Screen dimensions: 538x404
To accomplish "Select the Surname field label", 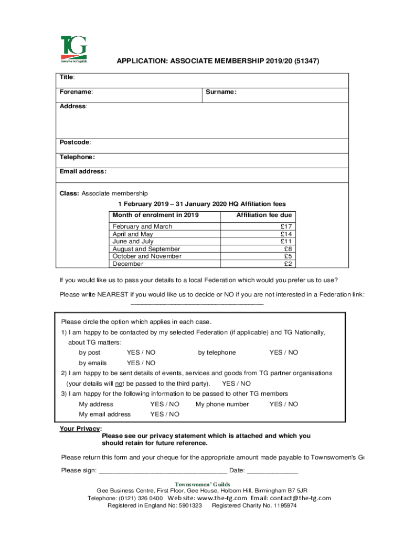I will [x=221, y=92].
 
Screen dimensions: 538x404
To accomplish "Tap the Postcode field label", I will [x=75, y=142].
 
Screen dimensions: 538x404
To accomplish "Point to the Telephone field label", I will [x=77, y=157].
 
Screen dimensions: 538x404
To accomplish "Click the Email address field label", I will [x=83, y=171].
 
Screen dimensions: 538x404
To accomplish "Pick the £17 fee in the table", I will [x=286, y=226].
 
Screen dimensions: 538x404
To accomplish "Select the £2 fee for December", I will [x=288, y=264].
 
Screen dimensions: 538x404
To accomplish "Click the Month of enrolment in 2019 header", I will [x=156, y=215].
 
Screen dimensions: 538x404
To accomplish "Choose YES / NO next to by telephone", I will [x=283, y=353].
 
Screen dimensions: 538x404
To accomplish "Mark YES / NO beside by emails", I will [x=141, y=363].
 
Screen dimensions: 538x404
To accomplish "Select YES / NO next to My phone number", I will [x=283, y=404].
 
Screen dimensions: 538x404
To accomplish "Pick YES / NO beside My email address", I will [x=165, y=415].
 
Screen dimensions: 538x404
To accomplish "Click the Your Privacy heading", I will [x=80, y=429].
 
